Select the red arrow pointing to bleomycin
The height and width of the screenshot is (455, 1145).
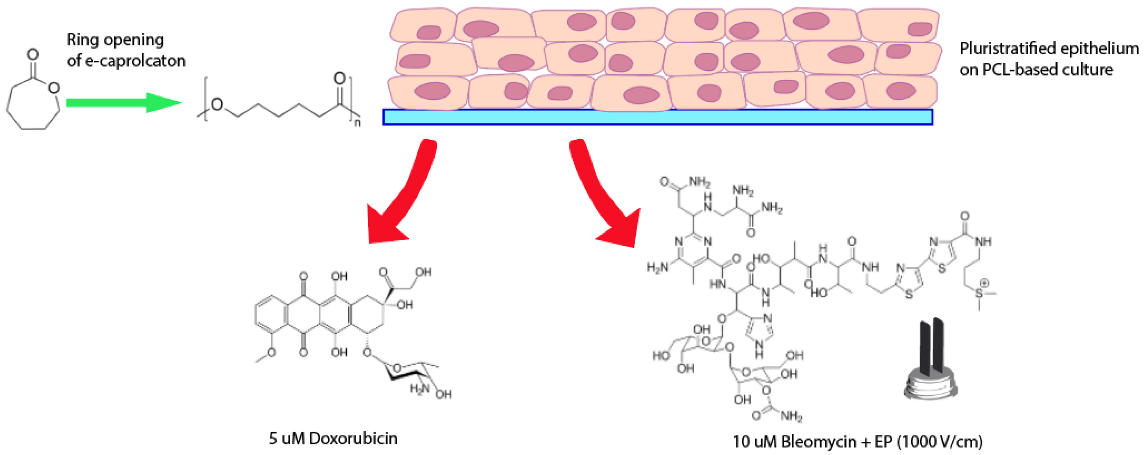[x=600, y=196]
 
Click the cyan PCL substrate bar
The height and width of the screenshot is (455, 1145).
[x=658, y=117]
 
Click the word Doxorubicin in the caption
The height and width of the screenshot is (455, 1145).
[x=353, y=438]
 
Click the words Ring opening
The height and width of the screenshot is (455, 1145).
[x=115, y=40]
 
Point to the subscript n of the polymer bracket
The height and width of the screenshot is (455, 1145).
[x=357, y=122]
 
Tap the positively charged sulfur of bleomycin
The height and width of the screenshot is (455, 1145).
[x=979, y=293]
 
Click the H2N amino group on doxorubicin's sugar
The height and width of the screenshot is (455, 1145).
[x=419, y=389]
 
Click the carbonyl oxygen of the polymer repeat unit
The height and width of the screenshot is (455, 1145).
[x=340, y=79]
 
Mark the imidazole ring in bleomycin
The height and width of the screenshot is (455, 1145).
[x=759, y=331]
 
